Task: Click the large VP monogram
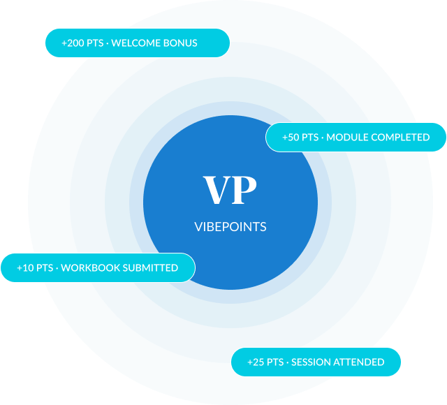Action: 230,190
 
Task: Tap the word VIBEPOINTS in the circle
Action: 230,227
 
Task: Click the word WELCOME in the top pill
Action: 136,43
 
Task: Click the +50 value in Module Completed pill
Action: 291,138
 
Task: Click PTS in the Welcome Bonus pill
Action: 95,43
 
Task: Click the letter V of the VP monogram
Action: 217,190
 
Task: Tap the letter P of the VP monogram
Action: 244,190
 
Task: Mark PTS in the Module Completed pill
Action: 310,138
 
